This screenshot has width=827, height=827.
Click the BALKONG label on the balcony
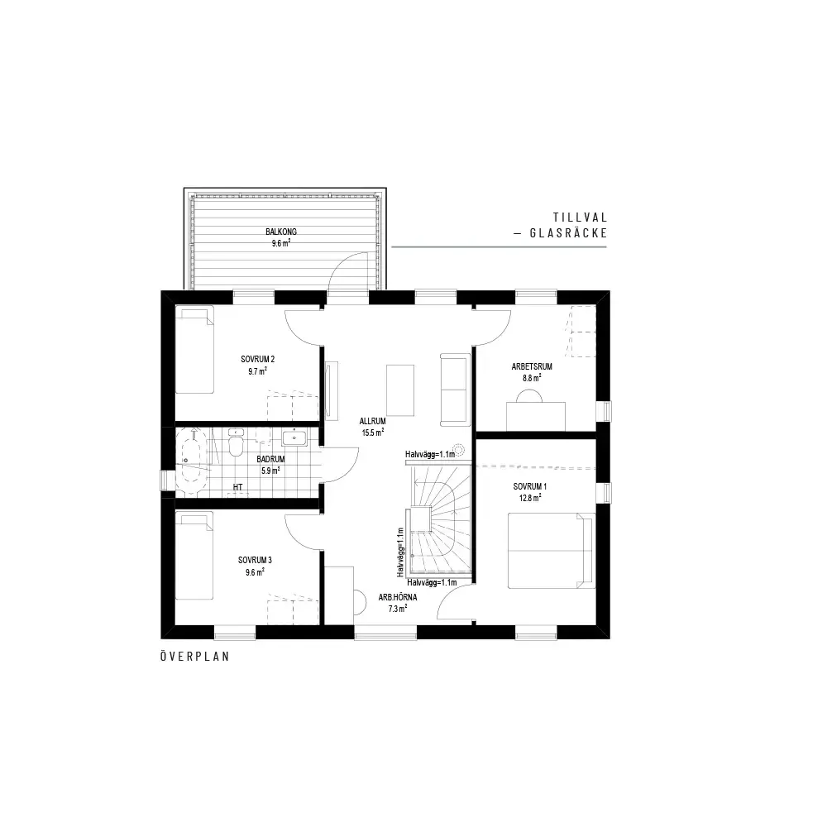(x=281, y=232)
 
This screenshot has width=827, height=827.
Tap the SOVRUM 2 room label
(x=258, y=359)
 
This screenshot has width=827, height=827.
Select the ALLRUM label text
(x=372, y=422)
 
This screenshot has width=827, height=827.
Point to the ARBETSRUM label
(x=532, y=366)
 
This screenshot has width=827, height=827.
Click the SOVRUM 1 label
(x=530, y=487)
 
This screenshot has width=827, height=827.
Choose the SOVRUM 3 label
(x=255, y=560)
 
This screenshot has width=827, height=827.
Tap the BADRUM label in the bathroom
(x=270, y=459)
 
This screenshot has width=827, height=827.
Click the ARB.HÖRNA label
(x=398, y=598)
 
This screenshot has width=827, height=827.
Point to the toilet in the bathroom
(x=236, y=443)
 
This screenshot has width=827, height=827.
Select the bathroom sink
(x=294, y=437)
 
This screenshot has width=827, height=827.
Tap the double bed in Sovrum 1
(x=551, y=551)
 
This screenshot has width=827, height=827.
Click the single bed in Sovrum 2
(x=194, y=349)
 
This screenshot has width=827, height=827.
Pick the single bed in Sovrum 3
(x=194, y=555)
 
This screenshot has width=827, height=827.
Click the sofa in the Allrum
(x=455, y=390)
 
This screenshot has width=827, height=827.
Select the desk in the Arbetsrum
(x=536, y=417)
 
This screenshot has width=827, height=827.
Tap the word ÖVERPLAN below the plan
(x=195, y=657)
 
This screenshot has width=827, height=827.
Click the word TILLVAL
(x=581, y=218)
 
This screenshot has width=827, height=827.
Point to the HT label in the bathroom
(x=238, y=487)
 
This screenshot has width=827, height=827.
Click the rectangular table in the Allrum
(x=400, y=390)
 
